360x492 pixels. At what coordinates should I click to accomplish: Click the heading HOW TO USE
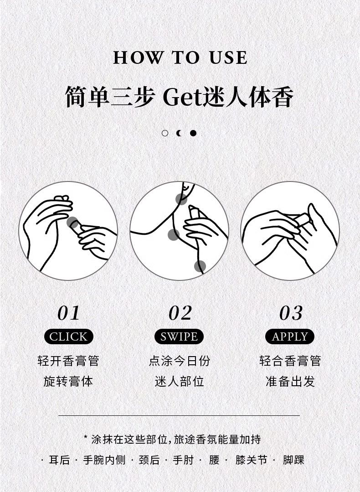coord(180,58)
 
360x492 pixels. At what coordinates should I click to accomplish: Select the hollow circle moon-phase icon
coord(165,133)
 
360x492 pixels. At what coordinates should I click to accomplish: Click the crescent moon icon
coord(179,133)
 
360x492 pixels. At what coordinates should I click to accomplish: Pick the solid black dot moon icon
coord(193,133)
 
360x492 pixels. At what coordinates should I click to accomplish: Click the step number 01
coord(68,313)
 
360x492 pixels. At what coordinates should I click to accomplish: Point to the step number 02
coord(180,313)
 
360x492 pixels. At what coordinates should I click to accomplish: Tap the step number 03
coord(291,313)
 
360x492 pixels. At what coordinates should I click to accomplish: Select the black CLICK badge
coord(69,337)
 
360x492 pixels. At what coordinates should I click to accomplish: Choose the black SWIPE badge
coord(179,337)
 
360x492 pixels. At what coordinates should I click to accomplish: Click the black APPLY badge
coord(290,337)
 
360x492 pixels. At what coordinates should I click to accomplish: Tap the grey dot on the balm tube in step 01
coord(72,223)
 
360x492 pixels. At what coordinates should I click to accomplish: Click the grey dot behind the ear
coord(181,199)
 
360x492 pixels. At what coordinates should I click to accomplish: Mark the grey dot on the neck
coord(174,235)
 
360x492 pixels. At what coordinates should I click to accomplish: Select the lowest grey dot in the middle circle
coord(200,266)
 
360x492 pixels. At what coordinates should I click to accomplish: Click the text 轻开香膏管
coord(68,361)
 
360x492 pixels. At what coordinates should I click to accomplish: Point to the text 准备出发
coord(290,382)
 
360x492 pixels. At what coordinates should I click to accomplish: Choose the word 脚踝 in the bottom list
coord(293,460)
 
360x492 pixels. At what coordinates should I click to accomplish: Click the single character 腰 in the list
coord(214,460)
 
